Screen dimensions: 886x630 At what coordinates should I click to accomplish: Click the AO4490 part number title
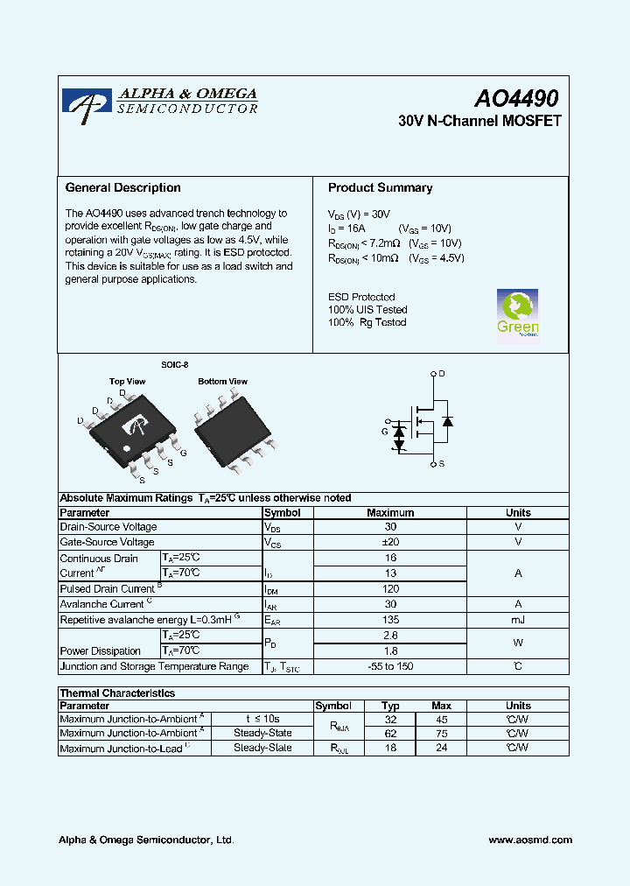(x=516, y=99)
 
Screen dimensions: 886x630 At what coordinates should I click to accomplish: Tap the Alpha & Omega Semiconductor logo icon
(x=87, y=102)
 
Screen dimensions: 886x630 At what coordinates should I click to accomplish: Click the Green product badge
(x=517, y=313)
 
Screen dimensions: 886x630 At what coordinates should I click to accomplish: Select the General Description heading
(x=123, y=187)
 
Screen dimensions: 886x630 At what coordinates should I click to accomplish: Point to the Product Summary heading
(x=380, y=187)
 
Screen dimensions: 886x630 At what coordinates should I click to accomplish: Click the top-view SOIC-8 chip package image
(x=134, y=426)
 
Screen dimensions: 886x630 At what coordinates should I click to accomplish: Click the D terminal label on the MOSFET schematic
(x=442, y=374)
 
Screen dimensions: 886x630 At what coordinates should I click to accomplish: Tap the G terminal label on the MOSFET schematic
(x=384, y=432)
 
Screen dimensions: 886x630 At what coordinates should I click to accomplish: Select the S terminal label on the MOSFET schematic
(x=442, y=463)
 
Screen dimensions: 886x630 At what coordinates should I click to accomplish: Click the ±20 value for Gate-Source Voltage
(x=390, y=542)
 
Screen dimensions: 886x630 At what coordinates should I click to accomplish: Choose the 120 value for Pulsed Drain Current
(x=390, y=589)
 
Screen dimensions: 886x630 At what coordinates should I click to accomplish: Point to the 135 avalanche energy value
(x=390, y=620)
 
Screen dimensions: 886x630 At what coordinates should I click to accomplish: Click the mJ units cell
(x=518, y=620)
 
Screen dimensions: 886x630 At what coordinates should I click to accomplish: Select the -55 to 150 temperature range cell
(x=390, y=667)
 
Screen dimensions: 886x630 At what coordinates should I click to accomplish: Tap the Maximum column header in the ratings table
(x=390, y=512)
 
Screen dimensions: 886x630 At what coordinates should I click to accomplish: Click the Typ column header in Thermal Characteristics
(x=391, y=705)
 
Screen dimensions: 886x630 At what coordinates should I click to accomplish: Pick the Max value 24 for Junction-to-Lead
(x=442, y=748)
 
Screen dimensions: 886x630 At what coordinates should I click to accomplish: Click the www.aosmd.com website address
(x=530, y=840)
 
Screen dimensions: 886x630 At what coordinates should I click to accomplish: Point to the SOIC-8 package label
(x=174, y=364)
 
